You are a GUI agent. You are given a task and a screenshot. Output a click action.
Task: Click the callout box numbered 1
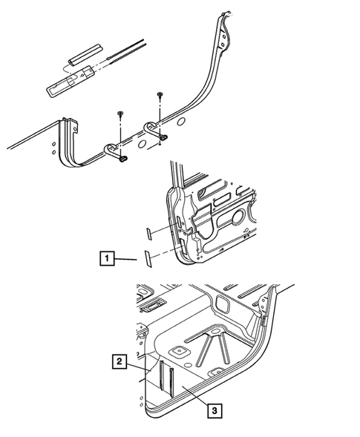click(108, 259)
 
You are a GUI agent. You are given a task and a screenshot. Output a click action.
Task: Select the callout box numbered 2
click(118, 361)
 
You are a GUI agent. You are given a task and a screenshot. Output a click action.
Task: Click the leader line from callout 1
click(127, 259)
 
